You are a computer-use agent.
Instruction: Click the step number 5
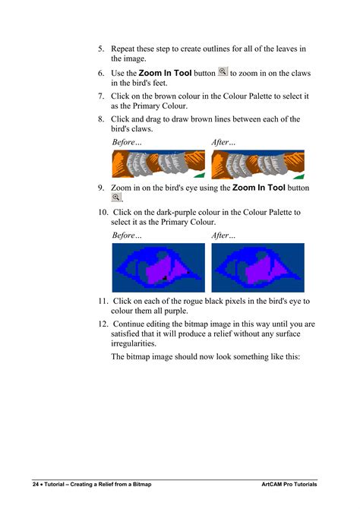[x=100, y=49]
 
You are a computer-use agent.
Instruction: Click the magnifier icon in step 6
[x=223, y=72]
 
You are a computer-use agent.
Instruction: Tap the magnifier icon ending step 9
[x=116, y=198]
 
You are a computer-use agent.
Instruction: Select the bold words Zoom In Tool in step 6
[x=165, y=74]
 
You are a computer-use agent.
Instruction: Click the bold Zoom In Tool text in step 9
[x=259, y=188]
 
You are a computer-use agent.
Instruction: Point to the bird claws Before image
[x=158, y=164]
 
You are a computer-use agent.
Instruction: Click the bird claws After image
[x=257, y=164]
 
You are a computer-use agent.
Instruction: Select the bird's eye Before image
[x=158, y=267]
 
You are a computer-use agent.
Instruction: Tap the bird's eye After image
[x=257, y=267]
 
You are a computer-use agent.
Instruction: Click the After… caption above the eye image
[x=224, y=236]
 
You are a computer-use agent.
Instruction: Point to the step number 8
[x=100, y=119]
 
